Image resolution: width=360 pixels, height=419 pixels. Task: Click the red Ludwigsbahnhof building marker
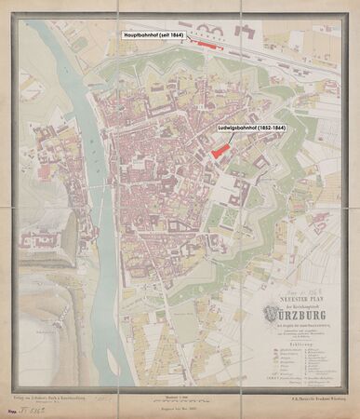click(220, 148)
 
